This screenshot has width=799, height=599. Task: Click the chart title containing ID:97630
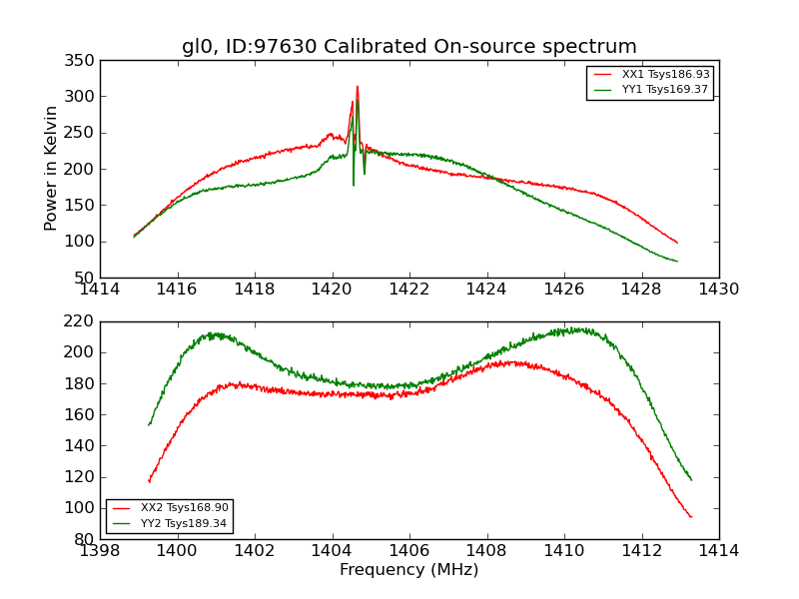click(408, 46)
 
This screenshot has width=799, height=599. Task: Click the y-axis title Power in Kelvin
click(51, 168)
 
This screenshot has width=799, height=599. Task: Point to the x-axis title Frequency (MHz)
click(408, 570)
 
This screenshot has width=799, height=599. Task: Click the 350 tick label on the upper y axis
click(83, 61)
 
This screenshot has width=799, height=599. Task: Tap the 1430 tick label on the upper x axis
click(718, 290)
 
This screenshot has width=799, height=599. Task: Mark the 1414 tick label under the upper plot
click(100, 290)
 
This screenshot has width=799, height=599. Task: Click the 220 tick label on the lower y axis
click(83, 321)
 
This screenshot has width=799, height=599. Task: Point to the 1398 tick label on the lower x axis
click(100, 551)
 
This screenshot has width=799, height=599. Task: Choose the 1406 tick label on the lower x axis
click(408, 551)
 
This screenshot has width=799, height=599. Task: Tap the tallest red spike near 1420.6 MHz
click(357, 87)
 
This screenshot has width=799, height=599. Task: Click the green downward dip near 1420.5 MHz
click(353, 184)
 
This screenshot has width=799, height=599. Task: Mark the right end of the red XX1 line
click(677, 243)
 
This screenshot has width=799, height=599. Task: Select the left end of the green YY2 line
click(149, 425)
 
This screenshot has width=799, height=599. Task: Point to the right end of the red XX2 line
click(691, 517)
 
